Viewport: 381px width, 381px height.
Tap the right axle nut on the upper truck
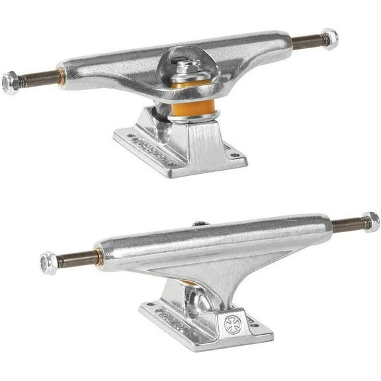coord(329,39)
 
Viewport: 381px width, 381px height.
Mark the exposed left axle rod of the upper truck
coord(39,79)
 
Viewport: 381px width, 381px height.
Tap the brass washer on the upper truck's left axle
coord(61,76)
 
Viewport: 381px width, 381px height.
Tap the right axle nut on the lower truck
coord(371,222)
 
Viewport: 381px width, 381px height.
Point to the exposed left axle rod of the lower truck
coord(77,258)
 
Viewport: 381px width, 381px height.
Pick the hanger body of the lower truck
coord(212,248)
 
